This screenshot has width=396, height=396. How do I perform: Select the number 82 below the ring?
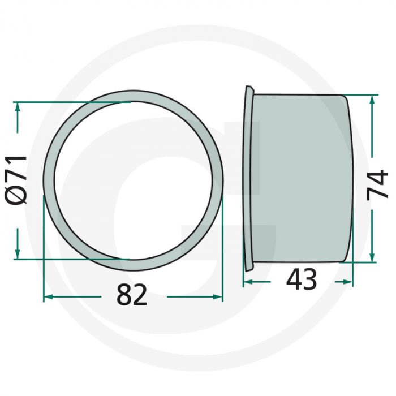(132, 295)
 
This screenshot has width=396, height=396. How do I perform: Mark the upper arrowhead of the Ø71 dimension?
(18, 107)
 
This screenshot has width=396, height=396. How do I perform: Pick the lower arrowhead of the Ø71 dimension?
(18, 253)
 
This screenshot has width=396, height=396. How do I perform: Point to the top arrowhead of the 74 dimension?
(372, 100)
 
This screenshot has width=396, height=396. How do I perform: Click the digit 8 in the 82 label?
(124, 295)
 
